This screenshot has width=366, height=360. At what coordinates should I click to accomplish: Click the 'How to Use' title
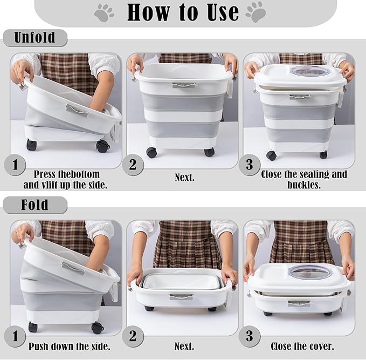click(x=183, y=12)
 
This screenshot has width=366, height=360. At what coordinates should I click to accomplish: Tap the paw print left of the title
click(x=104, y=12)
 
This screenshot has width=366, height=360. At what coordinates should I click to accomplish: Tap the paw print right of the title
click(x=256, y=12)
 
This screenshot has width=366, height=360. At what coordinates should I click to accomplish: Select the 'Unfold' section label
click(x=35, y=37)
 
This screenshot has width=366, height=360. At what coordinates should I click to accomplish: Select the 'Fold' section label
click(x=35, y=205)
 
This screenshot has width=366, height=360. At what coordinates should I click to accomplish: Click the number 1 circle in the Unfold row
click(x=15, y=165)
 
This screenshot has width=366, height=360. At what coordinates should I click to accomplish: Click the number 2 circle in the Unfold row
click(x=133, y=165)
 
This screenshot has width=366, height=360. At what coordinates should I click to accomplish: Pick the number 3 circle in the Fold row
click(x=249, y=336)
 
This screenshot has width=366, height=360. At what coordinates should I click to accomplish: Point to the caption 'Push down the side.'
click(x=70, y=347)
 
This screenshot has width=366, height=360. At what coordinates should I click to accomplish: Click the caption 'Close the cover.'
click(x=302, y=347)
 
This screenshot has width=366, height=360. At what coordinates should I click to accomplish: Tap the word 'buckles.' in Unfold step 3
click(x=304, y=185)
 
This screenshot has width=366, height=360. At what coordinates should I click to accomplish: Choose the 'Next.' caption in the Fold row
click(x=184, y=346)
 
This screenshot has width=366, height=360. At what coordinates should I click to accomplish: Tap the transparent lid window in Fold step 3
click(x=307, y=273)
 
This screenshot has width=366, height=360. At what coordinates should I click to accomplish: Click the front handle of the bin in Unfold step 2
click(x=184, y=85)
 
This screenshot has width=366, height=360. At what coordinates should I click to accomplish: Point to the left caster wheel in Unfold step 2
click(x=151, y=152)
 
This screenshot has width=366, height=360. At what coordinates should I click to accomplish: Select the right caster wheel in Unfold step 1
click(x=102, y=146)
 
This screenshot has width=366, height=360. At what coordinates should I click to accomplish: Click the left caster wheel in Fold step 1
click(x=33, y=327)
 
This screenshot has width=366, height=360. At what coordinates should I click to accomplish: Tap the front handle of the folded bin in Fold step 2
click(x=181, y=297)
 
